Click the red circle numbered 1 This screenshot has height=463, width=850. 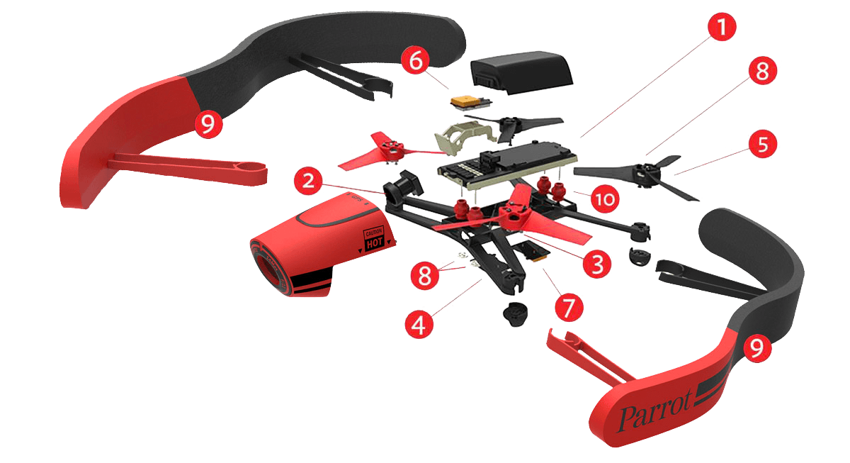click(722, 26)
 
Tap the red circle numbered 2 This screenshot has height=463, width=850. click(308, 180)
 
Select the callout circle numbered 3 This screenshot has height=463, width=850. click(597, 264)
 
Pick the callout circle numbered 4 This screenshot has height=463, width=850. click(419, 325)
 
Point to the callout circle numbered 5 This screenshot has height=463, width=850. click(763, 145)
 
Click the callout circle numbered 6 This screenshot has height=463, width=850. click(416, 60)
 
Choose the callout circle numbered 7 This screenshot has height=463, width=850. click(569, 307)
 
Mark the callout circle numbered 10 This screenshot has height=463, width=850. click(605, 199)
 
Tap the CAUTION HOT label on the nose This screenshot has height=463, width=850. click(374, 238)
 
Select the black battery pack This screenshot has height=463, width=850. click(521, 72)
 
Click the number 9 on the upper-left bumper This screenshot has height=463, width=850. click(208, 123)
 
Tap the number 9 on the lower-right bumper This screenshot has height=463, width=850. click(757, 347)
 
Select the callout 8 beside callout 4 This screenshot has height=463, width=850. click(424, 275)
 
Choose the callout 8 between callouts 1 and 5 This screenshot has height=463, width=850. click(763, 71)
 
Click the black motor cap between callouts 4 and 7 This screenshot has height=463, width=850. click(516, 314)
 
